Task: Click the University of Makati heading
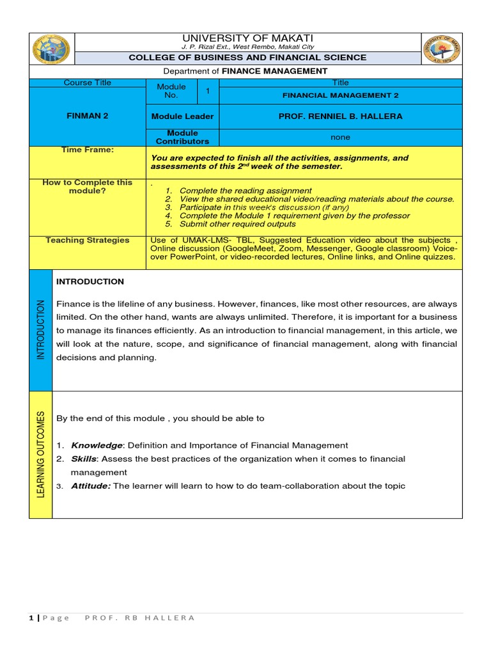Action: click(x=248, y=38)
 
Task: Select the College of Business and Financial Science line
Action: click(x=248, y=58)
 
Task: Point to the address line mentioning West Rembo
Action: click(x=248, y=47)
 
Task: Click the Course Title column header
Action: click(x=87, y=83)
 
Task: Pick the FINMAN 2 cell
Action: click(x=88, y=116)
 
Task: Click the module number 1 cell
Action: click(x=208, y=91)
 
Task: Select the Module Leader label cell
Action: click(x=182, y=116)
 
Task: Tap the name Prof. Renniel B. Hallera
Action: click(x=340, y=116)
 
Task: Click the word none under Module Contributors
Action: click(x=340, y=137)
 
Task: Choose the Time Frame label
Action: click(x=88, y=150)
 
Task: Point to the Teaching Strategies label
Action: click(x=88, y=241)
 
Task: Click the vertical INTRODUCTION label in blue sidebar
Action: click(x=41, y=330)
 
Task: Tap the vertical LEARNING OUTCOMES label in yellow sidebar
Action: click(x=41, y=454)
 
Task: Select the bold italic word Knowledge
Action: click(x=97, y=445)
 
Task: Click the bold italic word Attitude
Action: click(x=91, y=486)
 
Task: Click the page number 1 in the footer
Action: click(x=31, y=618)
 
